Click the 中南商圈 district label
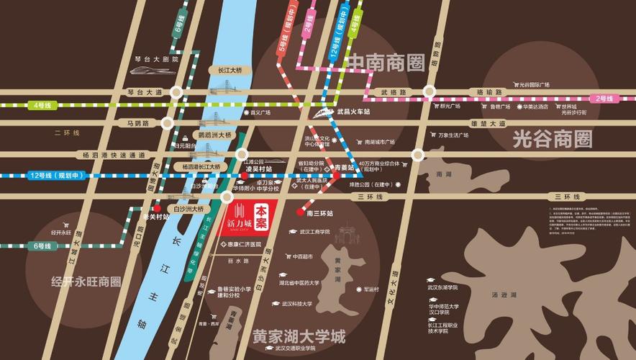386,64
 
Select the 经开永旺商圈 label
86,282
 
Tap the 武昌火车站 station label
353,112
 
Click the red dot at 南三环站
300,212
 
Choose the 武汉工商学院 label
314,232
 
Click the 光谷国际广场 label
532,85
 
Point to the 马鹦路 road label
137,123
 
